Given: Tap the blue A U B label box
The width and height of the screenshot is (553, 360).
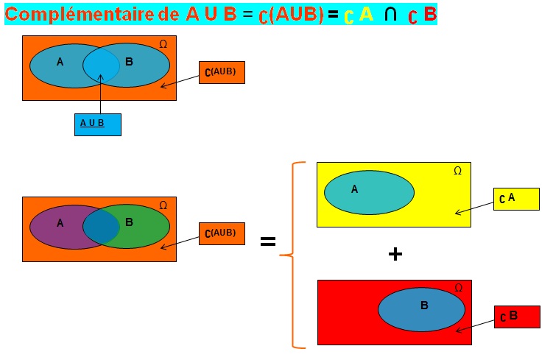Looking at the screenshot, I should (x=97, y=124).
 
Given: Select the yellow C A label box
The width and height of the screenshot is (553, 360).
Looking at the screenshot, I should (x=515, y=199).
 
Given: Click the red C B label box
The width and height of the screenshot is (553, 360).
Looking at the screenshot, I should (x=517, y=317).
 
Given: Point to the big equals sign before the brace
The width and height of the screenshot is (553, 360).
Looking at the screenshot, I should (x=268, y=241).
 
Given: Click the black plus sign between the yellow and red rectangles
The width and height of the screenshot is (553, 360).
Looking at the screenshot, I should (x=395, y=254).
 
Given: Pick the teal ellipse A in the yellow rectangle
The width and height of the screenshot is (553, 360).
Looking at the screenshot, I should (x=369, y=192).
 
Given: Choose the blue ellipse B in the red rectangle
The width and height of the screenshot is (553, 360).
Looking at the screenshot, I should (x=421, y=309).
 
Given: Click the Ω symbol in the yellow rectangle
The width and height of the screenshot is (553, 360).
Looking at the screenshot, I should (x=457, y=171).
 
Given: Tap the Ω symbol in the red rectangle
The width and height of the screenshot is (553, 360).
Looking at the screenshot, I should (x=459, y=288).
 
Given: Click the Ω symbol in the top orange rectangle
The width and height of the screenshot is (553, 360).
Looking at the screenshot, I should (x=163, y=44).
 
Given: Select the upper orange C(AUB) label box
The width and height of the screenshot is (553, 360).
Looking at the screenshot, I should (x=222, y=72).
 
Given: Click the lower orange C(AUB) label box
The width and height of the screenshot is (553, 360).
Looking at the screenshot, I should (x=222, y=233).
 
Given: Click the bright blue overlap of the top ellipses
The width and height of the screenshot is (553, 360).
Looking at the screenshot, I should (x=101, y=66).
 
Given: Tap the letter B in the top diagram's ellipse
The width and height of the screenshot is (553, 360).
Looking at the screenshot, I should (x=129, y=62).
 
